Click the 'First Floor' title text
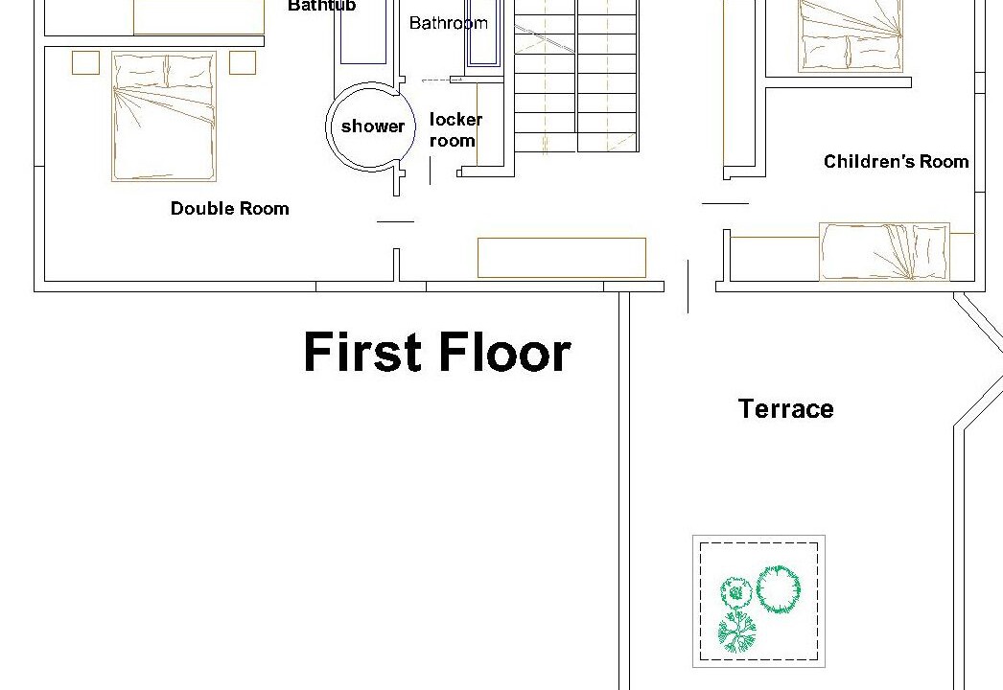(437, 351)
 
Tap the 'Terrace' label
(785, 408)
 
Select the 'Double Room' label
(229, 209)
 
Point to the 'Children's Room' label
(897, 161)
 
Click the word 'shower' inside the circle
(372, 126)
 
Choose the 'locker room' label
(455, 129)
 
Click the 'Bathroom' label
(449, 23)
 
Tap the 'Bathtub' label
(322, 7)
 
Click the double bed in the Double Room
(164, 116)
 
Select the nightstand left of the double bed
(85, 62)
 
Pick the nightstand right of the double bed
(243, 62)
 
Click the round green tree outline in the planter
(779, 589)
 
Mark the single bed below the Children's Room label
(885, 252)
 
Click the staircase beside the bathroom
(576, 76)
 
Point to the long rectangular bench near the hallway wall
(562, 258)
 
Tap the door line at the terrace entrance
(688, 287)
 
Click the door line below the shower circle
(396, 222)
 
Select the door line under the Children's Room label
(725, 204)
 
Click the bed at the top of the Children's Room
(851, 35)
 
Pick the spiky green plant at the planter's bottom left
(736, 632)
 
